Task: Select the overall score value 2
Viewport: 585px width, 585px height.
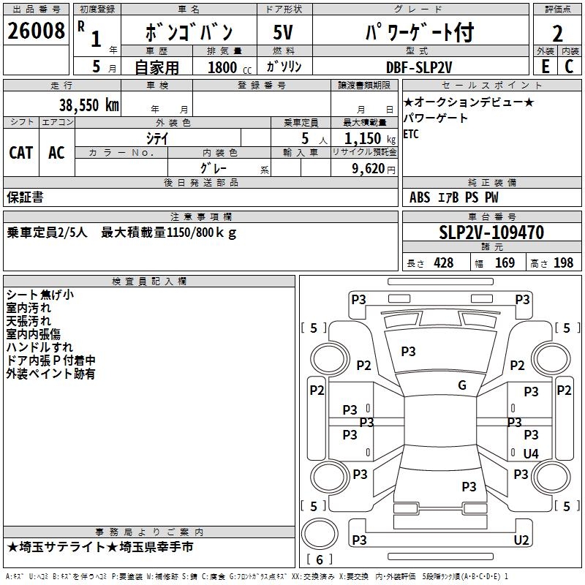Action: [557, 34]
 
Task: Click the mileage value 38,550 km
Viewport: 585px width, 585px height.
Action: [88, 105]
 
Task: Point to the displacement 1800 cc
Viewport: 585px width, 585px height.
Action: [226, 67]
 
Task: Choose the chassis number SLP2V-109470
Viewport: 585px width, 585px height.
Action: [491, 233]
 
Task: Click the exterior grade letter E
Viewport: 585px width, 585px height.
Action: [545, 67]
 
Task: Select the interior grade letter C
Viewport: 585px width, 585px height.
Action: [569, 67]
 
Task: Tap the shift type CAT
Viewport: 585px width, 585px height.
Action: [20, 153]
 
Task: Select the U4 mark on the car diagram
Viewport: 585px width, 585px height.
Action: [531, 453]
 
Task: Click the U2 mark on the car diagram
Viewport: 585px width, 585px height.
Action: [521, 540]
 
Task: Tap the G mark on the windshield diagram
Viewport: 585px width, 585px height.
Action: [462, 385]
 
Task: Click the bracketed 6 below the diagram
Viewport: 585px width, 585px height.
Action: [320, 559]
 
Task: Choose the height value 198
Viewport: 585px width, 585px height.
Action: [564, 263]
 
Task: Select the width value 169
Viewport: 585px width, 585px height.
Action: [505, 263]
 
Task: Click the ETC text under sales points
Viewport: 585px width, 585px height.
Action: [411, 134]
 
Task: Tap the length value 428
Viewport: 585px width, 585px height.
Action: [443, 263]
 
